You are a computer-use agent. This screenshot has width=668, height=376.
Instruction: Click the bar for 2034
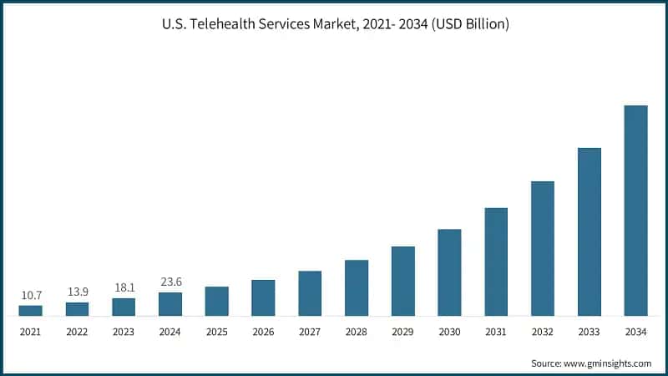point(635,211)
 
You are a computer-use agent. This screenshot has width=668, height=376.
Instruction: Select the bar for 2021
point(31,311)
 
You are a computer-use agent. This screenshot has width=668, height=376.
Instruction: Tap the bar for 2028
point(357,288)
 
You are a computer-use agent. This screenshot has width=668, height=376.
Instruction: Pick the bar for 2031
point(496,262)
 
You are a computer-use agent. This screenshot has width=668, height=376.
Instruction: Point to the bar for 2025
point(217,302)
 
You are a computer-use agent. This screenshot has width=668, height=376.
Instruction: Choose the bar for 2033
point(590,232)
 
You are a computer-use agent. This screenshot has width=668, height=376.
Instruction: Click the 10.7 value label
point(31,295)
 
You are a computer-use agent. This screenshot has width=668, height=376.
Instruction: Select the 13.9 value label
point(78,292)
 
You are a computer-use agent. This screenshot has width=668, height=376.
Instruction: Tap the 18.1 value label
point(124,287)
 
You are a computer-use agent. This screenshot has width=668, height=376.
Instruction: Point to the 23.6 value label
point(170,282)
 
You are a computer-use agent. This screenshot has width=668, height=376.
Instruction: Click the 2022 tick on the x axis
point(78,332)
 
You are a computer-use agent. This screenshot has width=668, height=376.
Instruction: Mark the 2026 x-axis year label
point(263,332)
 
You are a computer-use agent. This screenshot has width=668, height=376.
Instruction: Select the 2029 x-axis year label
point(403,332)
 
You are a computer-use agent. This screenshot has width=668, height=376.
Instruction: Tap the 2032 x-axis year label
point(543,332)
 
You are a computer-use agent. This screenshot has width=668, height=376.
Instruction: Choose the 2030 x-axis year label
point(449,332)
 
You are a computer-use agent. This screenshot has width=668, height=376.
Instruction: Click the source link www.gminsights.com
point(609,363)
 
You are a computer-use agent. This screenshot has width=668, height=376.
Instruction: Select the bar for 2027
point(310,293)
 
